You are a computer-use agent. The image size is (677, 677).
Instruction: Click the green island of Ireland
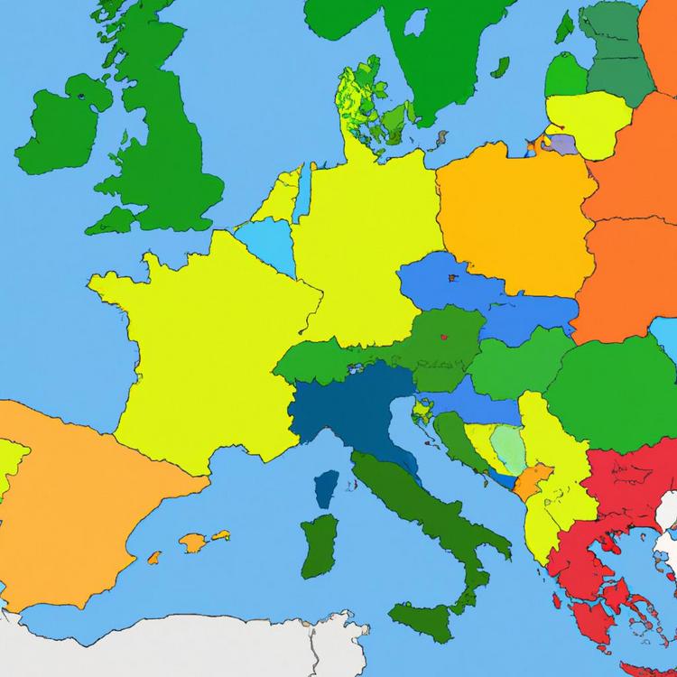click(x=59, y=131)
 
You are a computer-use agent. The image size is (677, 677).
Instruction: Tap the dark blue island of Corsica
click(x=327, y=488)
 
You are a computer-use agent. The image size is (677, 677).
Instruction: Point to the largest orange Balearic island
click(x=193, y=542)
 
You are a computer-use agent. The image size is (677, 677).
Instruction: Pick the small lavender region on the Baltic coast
click(x=561, y=144)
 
